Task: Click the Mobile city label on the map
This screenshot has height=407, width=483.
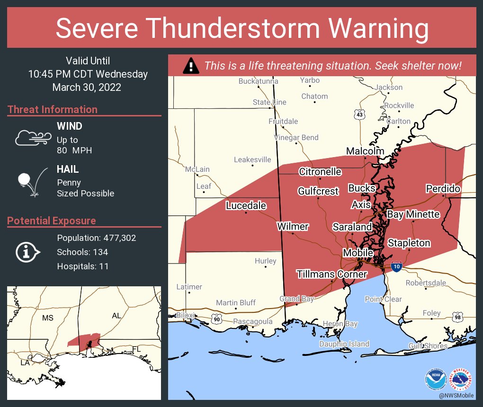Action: point(358,253)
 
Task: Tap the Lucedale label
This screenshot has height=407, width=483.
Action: point(246,205)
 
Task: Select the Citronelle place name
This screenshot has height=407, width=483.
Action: point(320,171)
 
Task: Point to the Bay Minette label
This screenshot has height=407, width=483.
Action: point(413,214)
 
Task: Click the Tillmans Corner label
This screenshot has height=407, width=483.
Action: point(331,274)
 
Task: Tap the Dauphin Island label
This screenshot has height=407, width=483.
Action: point(344,344)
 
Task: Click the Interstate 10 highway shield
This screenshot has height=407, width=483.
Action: point(397,266)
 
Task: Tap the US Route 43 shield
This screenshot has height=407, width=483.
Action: point(360,114)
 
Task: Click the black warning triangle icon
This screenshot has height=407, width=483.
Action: point(191,65)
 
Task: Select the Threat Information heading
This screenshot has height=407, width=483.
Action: point(53,109)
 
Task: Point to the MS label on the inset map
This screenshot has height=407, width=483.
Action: point(48,318)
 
